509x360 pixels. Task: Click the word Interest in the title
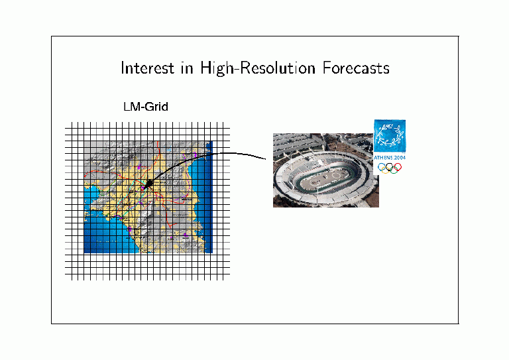(147, 68)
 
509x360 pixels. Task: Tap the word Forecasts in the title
(356, 68)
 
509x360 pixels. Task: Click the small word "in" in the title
(188, 68)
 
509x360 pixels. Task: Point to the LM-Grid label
(146, 107)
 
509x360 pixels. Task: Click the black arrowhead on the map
(148, 184)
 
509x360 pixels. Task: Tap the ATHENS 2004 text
(390, 157)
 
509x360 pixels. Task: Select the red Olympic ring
(398, 167)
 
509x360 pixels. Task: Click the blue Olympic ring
(382, 167)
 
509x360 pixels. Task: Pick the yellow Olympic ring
(386, 170)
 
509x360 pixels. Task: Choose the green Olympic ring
(394, 170)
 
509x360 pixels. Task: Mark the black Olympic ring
(390, 167)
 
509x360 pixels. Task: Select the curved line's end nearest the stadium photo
(266, 159)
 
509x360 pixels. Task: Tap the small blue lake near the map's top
(170, 150)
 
